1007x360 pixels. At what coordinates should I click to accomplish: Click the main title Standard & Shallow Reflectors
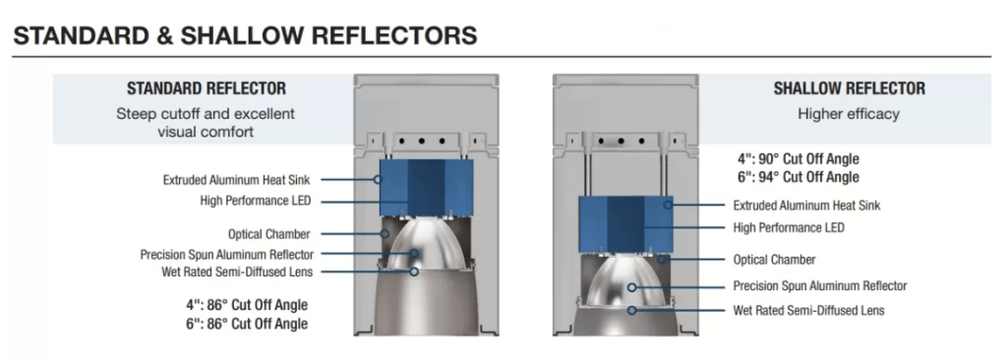[245, 35]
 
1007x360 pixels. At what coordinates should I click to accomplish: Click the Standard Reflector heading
[207, 89]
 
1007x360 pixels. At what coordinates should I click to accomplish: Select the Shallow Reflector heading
[849, 89]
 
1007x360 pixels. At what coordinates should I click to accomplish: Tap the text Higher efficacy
[849, 114]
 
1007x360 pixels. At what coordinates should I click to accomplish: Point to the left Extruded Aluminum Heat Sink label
[237, 180]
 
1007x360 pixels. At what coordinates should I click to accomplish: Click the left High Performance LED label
[256, 201]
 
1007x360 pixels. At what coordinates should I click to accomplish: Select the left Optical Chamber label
[269, 234]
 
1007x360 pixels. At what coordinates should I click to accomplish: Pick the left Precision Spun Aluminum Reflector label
[227, 255]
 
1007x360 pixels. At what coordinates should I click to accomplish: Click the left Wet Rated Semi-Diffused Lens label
[237, 271]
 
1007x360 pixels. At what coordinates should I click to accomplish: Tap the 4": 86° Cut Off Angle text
[247, 305]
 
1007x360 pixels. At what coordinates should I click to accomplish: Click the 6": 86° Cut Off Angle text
[247, 324]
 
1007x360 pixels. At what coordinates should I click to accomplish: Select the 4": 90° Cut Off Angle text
[799, 158]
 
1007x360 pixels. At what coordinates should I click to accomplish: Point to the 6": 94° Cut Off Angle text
[799, 177]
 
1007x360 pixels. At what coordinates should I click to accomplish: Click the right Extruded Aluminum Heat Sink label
[806, 205]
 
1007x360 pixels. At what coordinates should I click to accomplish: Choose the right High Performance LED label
[789, 227]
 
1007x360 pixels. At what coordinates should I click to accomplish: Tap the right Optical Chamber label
[775, 260]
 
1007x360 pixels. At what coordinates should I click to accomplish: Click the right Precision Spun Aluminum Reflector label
[820, 286]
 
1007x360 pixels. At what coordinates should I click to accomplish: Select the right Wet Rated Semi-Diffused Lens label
[808, 311]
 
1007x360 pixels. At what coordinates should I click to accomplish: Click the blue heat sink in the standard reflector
[427, 188]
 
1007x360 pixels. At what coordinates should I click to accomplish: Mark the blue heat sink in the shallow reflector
[626, 223]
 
